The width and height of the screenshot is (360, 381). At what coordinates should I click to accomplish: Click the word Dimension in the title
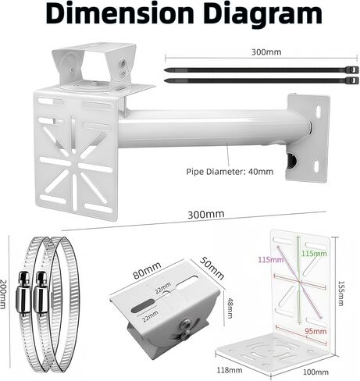[x=119, y=13]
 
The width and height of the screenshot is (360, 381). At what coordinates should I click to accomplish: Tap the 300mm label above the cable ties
[x=266, y=52]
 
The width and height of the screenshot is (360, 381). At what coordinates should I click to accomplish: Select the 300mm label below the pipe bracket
[x=205, y=215]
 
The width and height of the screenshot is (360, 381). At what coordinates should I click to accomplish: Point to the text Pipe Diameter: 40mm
[x=230, y=172]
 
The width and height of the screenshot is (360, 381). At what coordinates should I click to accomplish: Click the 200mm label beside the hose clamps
[x=3, y=294]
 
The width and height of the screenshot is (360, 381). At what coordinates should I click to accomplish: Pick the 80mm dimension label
[x=147, y=271]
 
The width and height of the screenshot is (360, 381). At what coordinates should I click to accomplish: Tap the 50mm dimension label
[x=212, y=268]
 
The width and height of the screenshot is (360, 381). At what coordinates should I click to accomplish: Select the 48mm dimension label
[x=230, y=308]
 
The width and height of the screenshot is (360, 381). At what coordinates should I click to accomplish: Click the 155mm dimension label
[x=340, y=294]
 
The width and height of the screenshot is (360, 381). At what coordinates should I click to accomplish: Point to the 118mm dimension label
[x=230, y=370]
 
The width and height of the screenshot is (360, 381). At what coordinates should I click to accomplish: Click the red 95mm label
[x=315, y=331]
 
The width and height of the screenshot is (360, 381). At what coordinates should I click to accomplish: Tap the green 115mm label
[x=314, y=253]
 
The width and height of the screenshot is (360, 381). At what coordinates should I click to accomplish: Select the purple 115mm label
[x=271, y=259]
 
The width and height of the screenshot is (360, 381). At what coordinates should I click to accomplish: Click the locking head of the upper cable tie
[x=351, y=69]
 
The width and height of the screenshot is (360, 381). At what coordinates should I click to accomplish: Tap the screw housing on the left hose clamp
[x=23, y=293]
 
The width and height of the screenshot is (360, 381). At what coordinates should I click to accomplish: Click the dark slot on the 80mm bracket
[x=142, y=307]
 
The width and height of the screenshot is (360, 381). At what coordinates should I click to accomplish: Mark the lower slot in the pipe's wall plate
[x=316, y=166]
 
